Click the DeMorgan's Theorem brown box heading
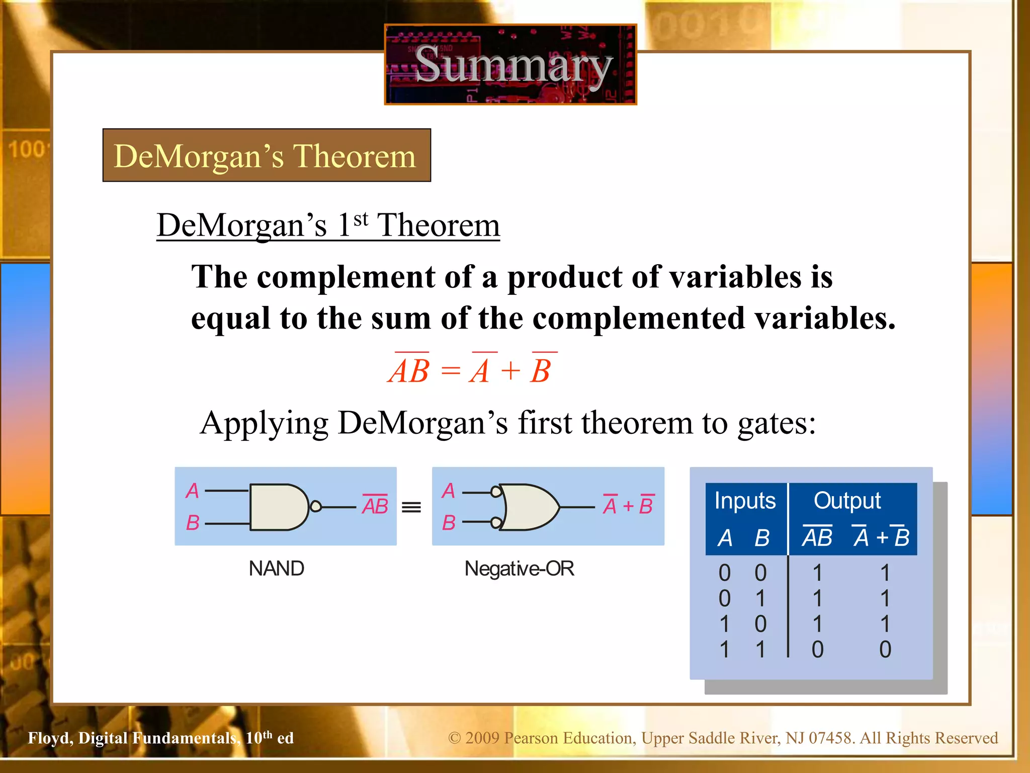(266, 156)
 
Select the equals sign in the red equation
(450, 371)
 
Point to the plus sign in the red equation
(510, 371)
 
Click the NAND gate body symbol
(277, 507)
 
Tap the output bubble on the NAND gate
(315, 506)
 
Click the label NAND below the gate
(276, 569)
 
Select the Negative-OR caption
(519, 569)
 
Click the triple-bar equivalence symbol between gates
(411, 507)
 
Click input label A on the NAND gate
(192, 491)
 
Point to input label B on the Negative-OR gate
(449, 523)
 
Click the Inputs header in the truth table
(745, 501)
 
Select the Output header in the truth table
(847, 501)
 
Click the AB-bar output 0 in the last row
(817, 649)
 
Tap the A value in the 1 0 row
(724, 624)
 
